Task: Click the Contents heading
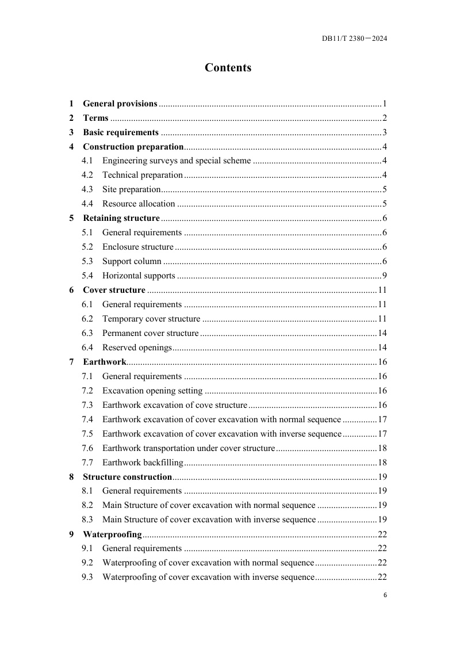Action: pos(228,68)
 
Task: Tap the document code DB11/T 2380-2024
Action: pos(354,39)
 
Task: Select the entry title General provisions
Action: pos(120,104)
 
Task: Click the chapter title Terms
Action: pos(95,118)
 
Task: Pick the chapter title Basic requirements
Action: pos(121,132)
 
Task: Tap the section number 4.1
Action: pos(87,160)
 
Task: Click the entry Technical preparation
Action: pos(143,175)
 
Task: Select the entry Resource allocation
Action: pos(139,204)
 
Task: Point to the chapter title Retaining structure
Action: pos(121,218)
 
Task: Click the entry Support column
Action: pos(132,261)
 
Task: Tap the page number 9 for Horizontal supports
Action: pos(384,276)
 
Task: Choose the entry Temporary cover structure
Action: pos(151,319)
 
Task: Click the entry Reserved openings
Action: pos(137,347)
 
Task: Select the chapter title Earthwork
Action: pos(105,362)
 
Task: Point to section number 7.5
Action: pos(87,434)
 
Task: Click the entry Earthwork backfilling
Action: pos(143,462)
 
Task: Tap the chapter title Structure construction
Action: pos(128,477)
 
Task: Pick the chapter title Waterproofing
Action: pos(113,534)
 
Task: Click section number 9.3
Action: pos(87,577)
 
